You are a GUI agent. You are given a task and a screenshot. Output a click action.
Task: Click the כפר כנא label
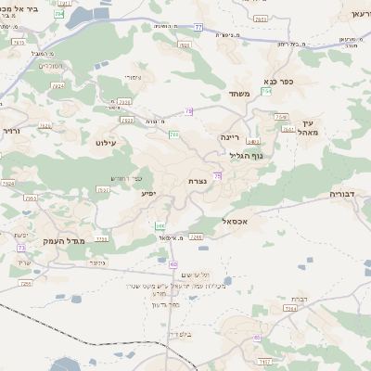(277, 82)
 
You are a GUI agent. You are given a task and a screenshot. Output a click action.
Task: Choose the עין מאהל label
(309, 128)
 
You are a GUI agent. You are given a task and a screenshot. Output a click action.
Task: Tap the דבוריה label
(348, 195)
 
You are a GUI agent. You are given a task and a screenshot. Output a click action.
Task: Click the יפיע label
(147, 194)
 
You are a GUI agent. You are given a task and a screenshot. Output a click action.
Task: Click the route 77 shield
(198, 28)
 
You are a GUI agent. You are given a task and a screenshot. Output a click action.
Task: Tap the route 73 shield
(21, 248)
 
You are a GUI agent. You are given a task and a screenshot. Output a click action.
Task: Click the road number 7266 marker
(195, 237)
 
